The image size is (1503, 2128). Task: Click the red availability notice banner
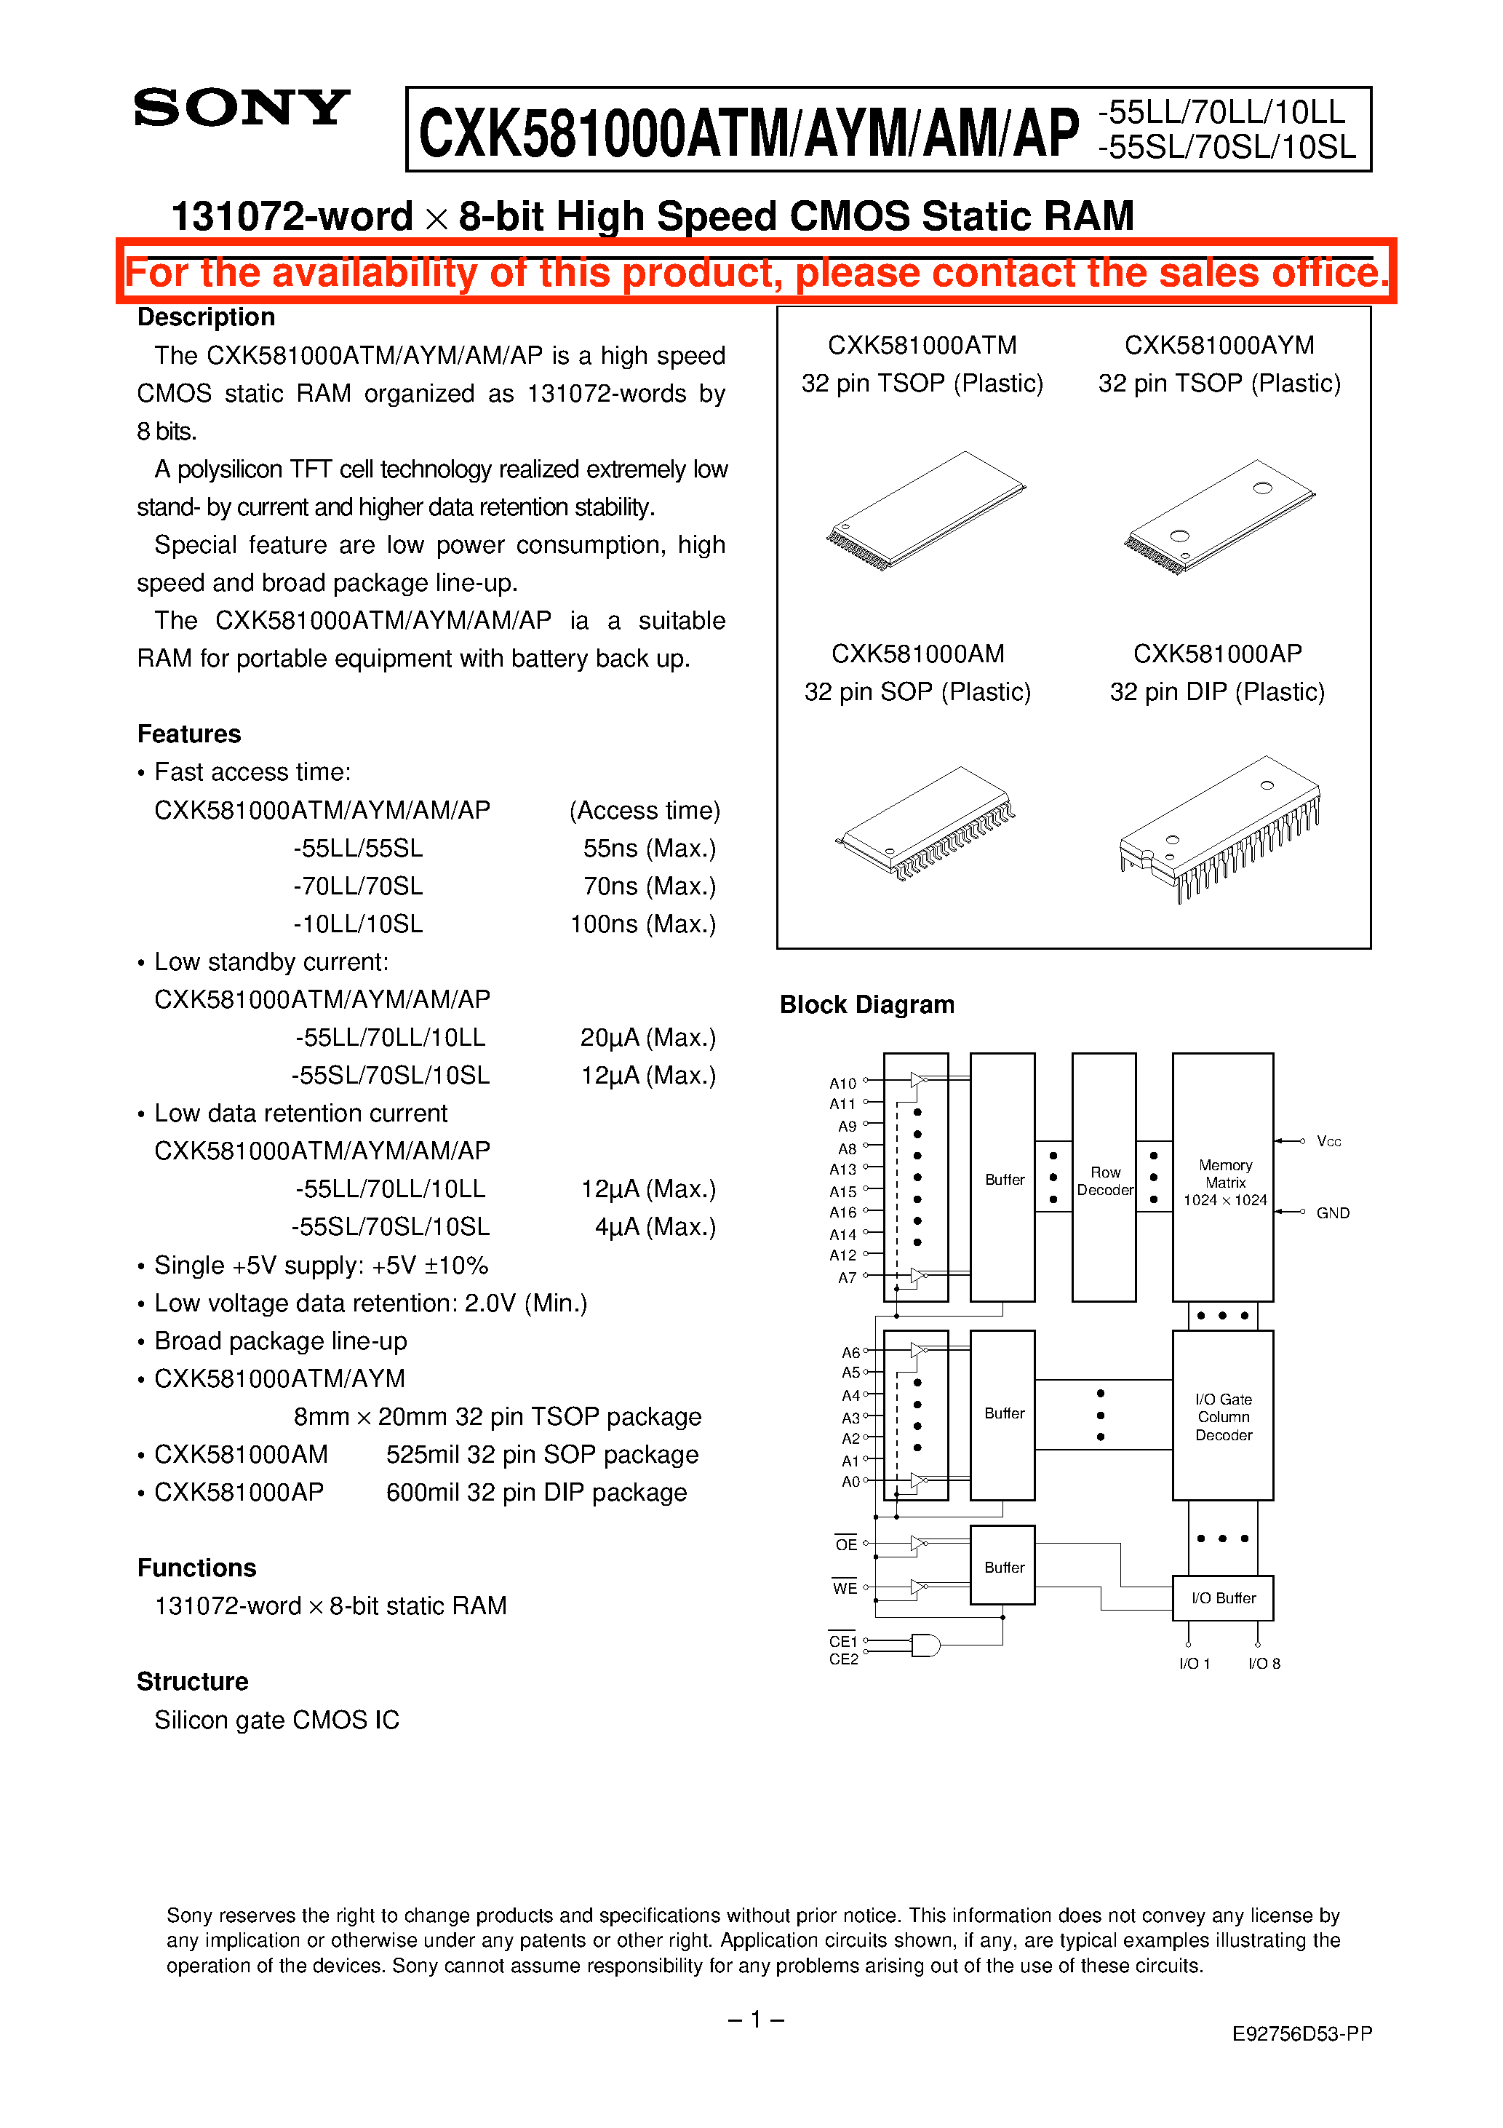[x=755, y=272]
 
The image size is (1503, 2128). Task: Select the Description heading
[x=206, y=317]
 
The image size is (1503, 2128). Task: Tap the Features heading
[x=189, y=734]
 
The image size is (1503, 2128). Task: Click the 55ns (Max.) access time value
[x=649, y=848]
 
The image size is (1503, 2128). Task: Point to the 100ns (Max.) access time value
[x=642, y=924]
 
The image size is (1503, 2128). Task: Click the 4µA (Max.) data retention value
[x=655, y=1227]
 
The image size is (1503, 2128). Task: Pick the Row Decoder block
[x=1104, y=1179]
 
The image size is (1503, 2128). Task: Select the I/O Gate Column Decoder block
[x=1223, y=1416]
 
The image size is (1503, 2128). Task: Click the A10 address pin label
[x=842, y=1082]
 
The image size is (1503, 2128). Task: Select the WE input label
[x=844, y=1589]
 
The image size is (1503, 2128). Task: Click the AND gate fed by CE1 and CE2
[x=925, y=1645]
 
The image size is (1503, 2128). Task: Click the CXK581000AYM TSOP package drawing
[x=1219, y=516]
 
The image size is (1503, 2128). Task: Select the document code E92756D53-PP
[x=1301, y=2033]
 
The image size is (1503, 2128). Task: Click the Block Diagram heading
[x=866, y=1004]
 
